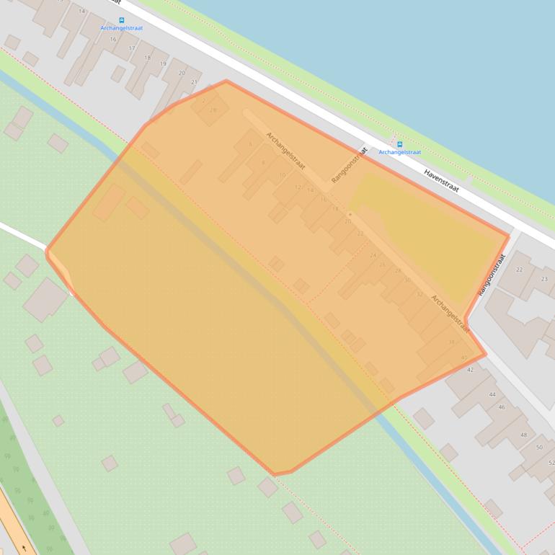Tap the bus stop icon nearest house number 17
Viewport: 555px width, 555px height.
tap(121, 20)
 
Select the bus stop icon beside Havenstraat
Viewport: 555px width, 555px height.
tap(400, 144)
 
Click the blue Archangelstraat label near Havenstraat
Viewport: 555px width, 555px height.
tap(400, 153)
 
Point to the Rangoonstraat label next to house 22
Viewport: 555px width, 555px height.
tap(492, 275)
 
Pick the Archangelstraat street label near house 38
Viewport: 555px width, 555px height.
tap(450, 314)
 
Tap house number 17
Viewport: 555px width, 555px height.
tap(132, 48)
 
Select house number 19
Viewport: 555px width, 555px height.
tap(163, 64)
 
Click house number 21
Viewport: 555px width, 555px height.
tap(194, 82)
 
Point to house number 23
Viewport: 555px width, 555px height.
tap(544, 279)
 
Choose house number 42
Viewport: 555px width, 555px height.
tap(470, 370)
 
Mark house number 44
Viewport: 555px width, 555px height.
tap(492, 394)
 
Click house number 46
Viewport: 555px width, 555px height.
tap(502, 407)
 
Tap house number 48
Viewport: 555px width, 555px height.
tap(523, 435)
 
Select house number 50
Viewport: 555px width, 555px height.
tap(540, 448)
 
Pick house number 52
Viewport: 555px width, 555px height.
tap(551, 462)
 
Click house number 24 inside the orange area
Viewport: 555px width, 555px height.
tap(373, 255)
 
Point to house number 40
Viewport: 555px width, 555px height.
tap(464, 358)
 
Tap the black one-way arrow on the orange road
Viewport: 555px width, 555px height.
tap(25, 548)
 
